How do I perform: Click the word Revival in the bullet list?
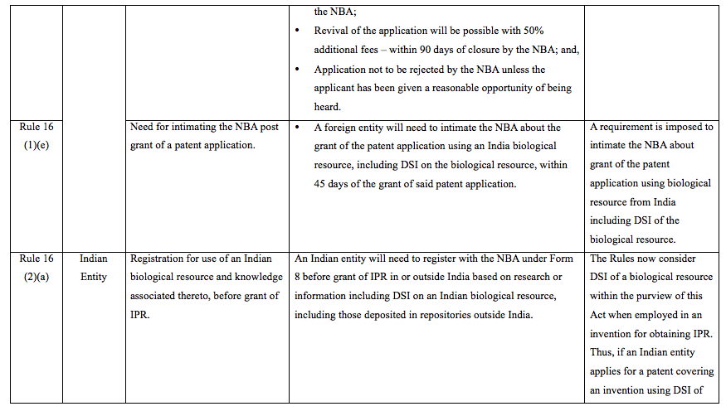[x=332, y=31]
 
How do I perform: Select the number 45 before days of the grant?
[x=323, y=183]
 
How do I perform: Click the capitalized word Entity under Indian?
[x=94, y=277]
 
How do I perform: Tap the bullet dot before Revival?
[x=298, y=31]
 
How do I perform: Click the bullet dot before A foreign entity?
[x=298, y=128]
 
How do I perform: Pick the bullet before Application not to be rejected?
[x=298, y=70]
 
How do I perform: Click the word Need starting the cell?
[x=144, y=128]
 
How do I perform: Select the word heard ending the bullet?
[x=329, y=107]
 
